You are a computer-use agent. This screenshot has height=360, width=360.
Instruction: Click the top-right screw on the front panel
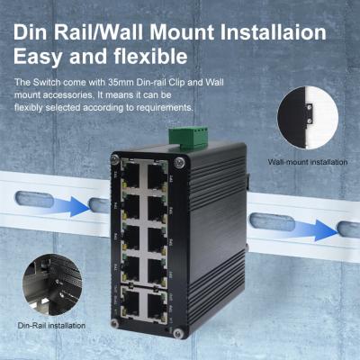(180, 163)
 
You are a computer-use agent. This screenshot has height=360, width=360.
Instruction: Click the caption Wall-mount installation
(308, 163)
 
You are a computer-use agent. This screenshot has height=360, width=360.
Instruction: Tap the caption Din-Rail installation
(51, 325)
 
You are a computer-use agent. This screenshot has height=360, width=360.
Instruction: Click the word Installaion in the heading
(270, 33)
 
